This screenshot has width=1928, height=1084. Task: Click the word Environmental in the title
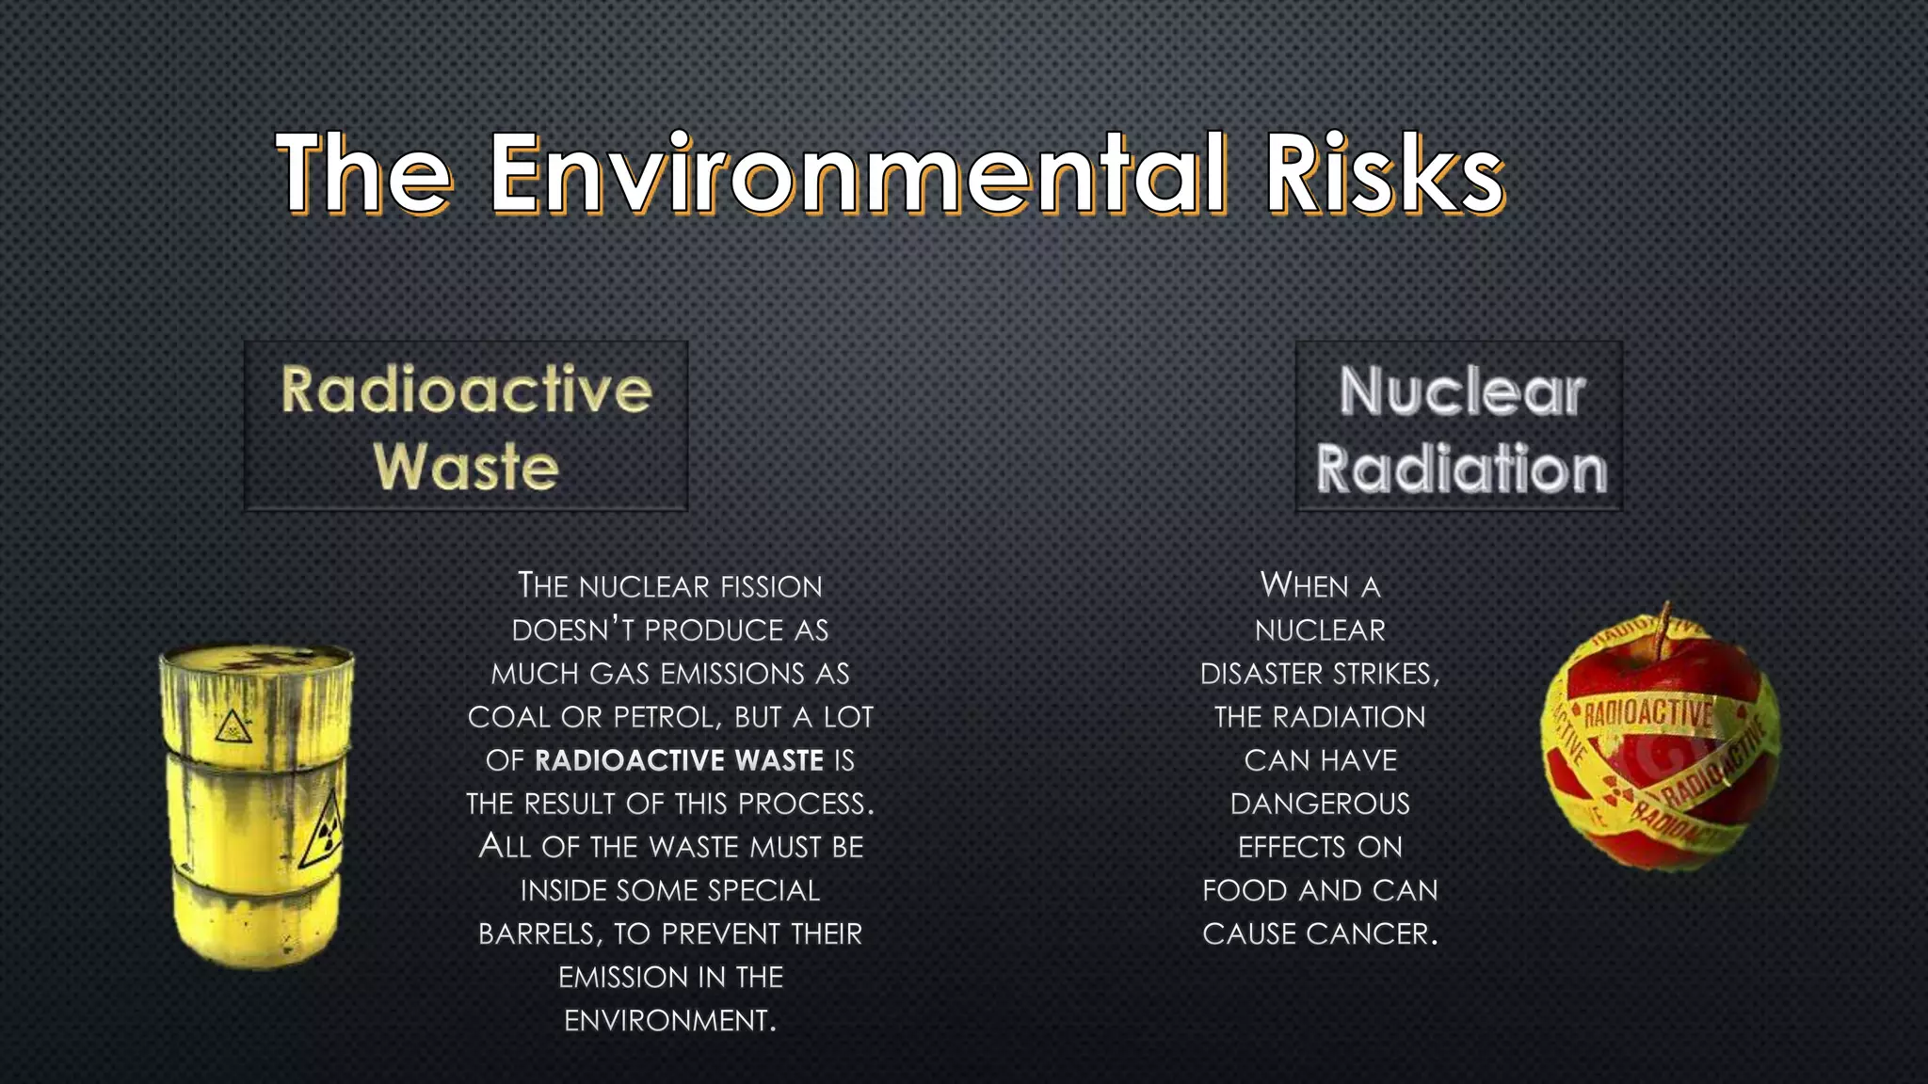857,174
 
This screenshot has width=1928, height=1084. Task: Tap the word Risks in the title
1384,174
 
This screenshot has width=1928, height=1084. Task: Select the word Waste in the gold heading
466,466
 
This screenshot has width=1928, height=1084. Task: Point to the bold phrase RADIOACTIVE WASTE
679,760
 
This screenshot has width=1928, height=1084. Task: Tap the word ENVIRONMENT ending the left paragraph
668,1021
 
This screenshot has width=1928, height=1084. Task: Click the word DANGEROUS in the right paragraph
1320,804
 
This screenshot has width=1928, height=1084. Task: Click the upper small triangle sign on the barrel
232,726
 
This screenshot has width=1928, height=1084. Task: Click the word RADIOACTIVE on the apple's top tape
1648,714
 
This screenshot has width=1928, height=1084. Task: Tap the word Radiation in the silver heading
1461,469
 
